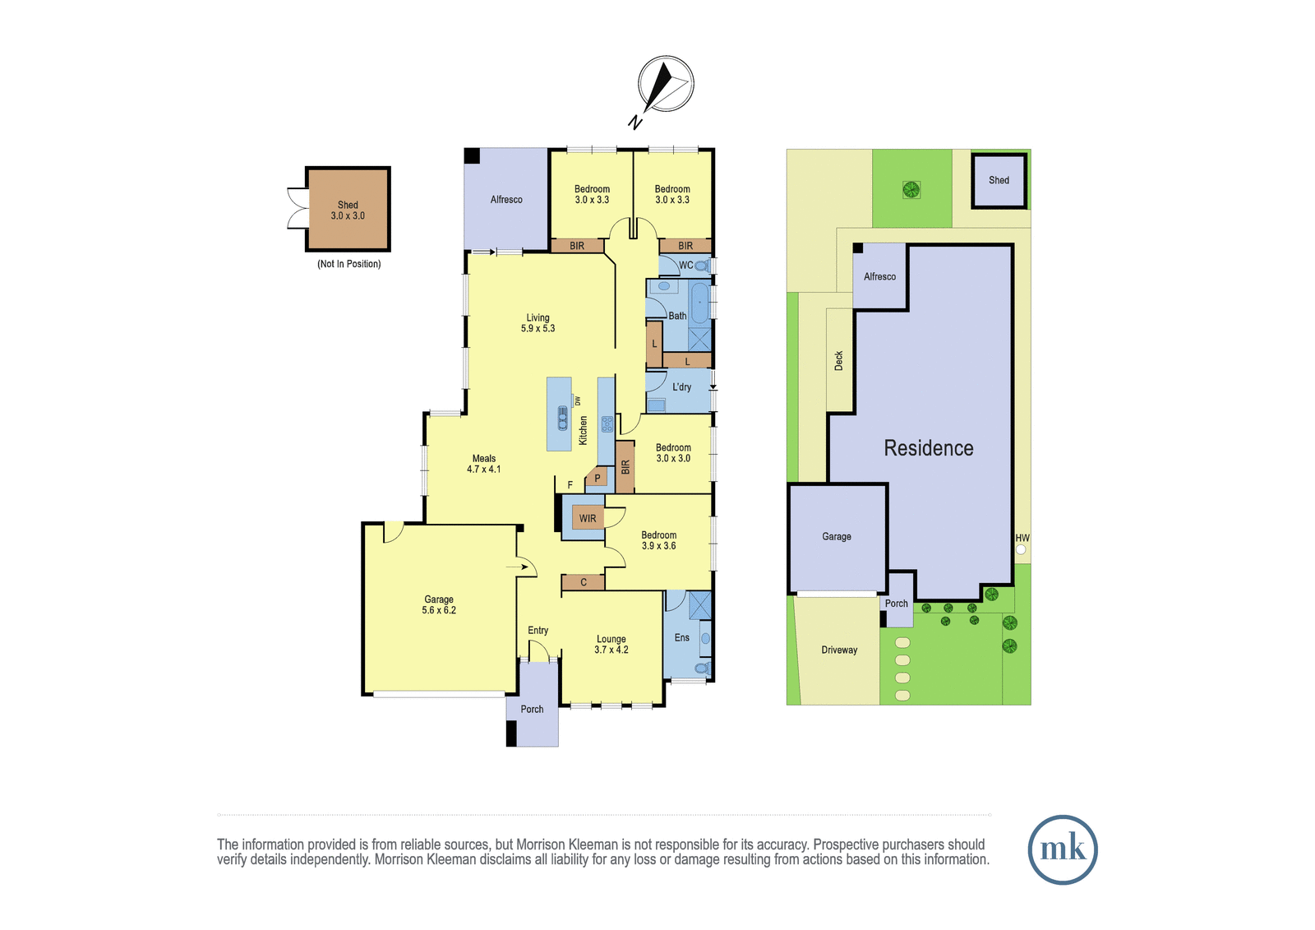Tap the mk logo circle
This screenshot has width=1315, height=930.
point(1063,849)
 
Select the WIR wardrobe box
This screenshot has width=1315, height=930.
point(588,518)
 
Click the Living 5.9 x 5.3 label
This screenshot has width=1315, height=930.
point(538,323)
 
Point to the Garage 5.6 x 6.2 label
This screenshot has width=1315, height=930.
point(439,604)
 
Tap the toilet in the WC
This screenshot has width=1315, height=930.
point(702,266)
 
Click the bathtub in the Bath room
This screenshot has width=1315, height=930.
point(699,303)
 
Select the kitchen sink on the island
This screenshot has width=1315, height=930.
point(562,419)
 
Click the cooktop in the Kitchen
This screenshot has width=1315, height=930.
point(607,423)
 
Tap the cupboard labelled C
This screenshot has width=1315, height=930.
point(583,582)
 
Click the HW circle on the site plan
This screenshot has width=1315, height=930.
point(1021,549)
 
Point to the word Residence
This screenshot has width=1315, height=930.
point(929,448)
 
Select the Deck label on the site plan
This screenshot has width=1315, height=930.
point(838,361)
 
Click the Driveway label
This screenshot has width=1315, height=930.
point(839,650)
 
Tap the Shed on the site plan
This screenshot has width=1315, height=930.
point(999,180)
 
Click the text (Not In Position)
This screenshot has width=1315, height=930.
point(348,264)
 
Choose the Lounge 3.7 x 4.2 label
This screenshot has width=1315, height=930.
point(611,644)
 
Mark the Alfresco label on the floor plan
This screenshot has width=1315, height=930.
point(506,200)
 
